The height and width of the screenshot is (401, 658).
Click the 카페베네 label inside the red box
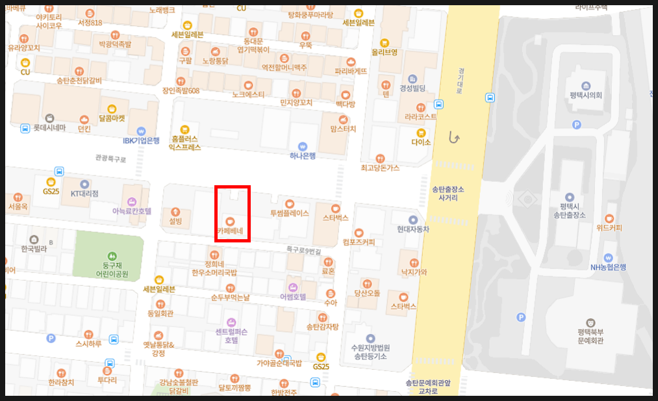pyautogui.click(x=230, y=231)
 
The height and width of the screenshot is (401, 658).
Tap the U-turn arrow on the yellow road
pyautogui.click(x=455, y=138)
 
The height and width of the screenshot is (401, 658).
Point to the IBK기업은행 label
pyautogui.click(x=141, y=140)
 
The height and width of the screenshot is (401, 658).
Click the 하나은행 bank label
pyautogui.click(x=302, y=155)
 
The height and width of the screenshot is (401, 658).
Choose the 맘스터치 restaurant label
pyautogui.click(x=343, y=129)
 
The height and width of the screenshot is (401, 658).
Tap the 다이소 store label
pyautogui.click(x=421, y=142)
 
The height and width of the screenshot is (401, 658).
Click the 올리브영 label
pyautogui.click(x=385, y=51)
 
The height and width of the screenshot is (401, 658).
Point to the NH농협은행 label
pyautogui.click(x=608, y=266)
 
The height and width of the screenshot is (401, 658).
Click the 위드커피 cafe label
pyautogui.click(x=609, y=227)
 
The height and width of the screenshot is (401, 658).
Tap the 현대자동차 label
pyautogui.click(x=413, y=229)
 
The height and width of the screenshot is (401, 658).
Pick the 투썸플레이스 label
pyautogui.click(x=290, y=213)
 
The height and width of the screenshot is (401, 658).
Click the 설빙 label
pyautogui.click(x=175, y=221)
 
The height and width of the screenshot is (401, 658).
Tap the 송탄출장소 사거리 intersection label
pyautogui.click(x=448, y=193)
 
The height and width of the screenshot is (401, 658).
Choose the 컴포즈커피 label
pyautogui.click(x=359, y=242)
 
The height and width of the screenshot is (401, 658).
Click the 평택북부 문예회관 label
pyautogui.click(x=590, y=335)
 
